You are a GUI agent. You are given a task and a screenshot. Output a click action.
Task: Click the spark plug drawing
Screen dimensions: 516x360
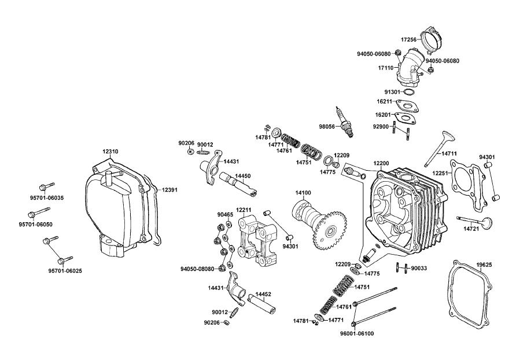pyautogui.click(x=345, y=123)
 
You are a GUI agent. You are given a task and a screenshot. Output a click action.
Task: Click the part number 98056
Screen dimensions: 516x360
pyautogui.click(x=327, y=127)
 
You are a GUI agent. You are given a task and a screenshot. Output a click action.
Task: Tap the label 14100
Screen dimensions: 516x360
pyautogui.click(x=303, y=193)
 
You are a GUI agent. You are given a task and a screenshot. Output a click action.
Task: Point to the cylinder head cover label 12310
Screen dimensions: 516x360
pyautogui.click(x=110, y=152)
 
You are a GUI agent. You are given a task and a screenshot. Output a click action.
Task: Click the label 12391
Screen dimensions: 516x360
pyautogui.click(x=169, y=190)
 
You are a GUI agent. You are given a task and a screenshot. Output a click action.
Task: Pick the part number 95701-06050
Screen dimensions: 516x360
pyautogui.click(x=35, y=225)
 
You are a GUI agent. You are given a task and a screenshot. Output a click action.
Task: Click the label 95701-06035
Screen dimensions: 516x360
pyautogui.click(x=47, y=198)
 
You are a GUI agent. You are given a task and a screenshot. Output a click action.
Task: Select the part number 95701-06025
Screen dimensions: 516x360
pyautogui.click(x=65, y=271)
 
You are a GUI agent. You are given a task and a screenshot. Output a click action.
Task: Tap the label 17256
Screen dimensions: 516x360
pyautogui.click(x=409, y=39)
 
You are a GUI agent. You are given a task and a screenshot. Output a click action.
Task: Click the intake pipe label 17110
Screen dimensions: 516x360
pyautogui.click(x=386, y=68)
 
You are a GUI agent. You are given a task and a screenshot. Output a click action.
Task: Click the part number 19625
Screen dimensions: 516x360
pyautogui.click(x=484, y=265)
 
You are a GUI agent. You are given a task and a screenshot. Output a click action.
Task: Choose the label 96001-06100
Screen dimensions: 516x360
pyautogui.click(x=357, y=333)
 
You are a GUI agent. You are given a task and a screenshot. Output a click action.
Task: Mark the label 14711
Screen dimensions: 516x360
pyautogui.click(x=449, y=153)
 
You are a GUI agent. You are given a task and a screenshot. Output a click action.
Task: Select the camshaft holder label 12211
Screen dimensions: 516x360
pyautogui.click(x=244, y=210)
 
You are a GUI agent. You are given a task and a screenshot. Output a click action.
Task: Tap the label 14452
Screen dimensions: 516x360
pyautogui.click(x=263, y=294)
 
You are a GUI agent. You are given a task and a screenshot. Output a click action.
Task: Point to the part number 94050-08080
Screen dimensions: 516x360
pyautogui.click(x=197, y=269)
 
